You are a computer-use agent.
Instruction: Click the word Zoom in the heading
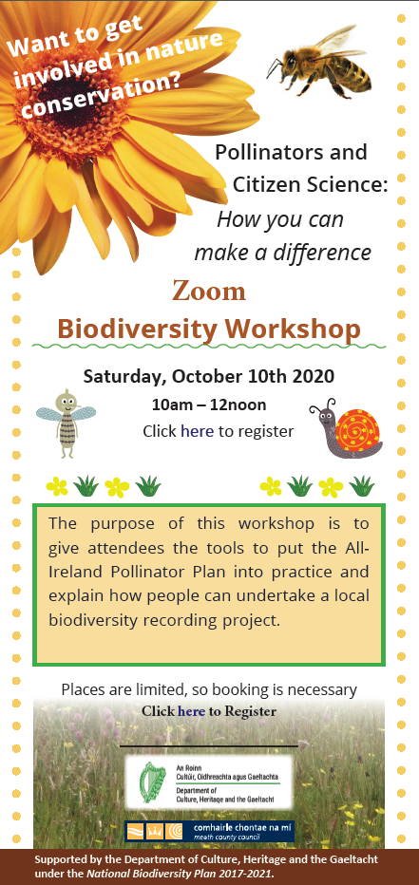tap(209, 292)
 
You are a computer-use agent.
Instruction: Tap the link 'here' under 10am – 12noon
tap(197, 432)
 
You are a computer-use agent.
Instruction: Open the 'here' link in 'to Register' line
tap(191, 711)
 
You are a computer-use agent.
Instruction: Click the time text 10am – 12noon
tap(209, 405)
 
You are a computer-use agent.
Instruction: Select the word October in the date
tap(205, 376)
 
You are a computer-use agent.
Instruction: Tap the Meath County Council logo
tap(209, 831)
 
